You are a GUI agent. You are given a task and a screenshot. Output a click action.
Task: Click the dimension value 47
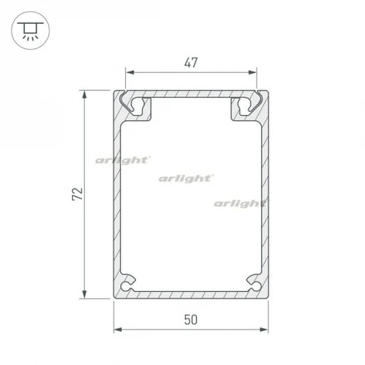pos(192,64)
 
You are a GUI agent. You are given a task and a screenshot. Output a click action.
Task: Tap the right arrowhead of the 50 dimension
pos(269,329)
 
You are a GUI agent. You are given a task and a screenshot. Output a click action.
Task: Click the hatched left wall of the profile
pos(117,194)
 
